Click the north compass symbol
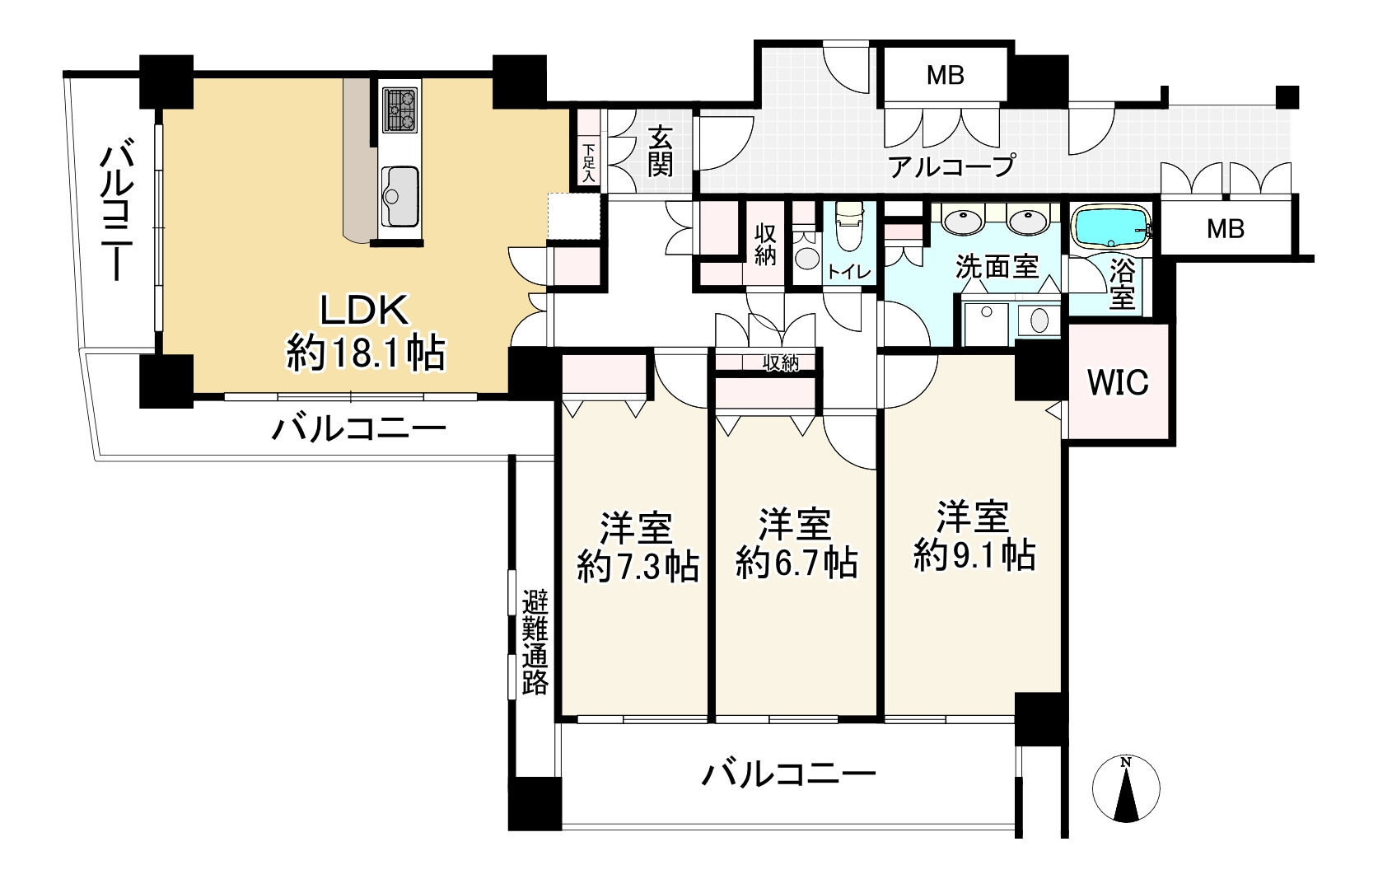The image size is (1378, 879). [1126, 788]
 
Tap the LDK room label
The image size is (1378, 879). [365, 311]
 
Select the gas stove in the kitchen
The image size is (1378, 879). [399, 110]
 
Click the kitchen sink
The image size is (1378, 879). [399, 195]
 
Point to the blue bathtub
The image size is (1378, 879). [1111, 227]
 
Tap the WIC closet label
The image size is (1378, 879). [1118, 382]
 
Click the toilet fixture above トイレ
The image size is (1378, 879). [849, 227]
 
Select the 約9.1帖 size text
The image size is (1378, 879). [974, 555]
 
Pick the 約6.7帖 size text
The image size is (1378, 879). [796, 562]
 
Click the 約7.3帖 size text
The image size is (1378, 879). [638, 566]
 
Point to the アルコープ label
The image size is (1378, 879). [951, 166]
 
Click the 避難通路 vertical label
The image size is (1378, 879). [535, 643]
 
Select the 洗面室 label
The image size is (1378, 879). [997, 267]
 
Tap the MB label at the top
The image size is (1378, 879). [946, 75]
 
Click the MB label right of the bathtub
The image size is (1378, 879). [1226, 229]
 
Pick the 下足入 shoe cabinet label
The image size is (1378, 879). [590, 162]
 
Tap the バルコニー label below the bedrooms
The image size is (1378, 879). [788, 774]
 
